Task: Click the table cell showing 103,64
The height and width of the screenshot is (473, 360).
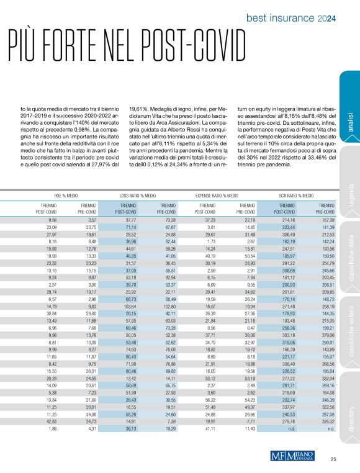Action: [x=127, y=288]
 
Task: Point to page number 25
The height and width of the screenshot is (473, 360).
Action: [x=333, y=459]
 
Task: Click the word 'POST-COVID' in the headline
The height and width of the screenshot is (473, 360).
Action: [x=189, y=47]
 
